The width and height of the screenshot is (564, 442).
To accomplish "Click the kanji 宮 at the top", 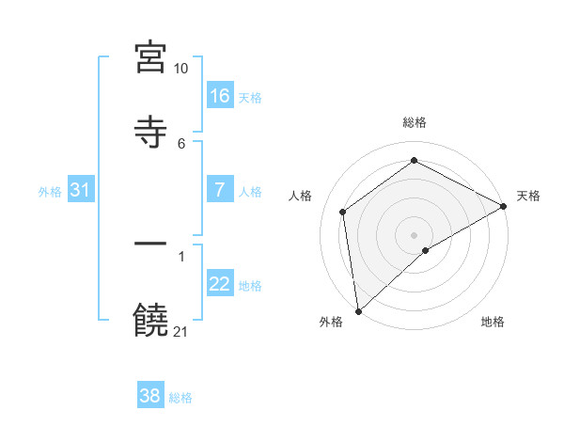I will (150, 57).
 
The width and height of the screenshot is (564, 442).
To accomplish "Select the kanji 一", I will (150, 245).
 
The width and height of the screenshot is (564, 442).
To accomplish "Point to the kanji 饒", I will (150, 320).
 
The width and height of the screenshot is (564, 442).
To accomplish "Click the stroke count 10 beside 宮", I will (181, 69).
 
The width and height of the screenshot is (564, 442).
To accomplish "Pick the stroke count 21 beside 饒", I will (181, 331).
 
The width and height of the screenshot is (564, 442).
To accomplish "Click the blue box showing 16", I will (220, 96).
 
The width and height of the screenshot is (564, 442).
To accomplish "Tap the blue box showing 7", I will (220, 190).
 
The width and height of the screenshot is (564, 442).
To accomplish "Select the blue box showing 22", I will (220, 284).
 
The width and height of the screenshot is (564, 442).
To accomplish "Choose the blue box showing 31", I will (81, 190).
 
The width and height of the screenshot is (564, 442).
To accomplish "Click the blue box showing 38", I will (150, 396).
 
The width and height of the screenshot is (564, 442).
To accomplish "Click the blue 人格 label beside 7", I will (250, 192).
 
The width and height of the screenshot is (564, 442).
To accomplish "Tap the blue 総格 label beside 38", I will (180, 398).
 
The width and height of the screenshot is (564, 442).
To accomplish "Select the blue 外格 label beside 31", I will (50, 192).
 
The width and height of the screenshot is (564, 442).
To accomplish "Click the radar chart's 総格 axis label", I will (415, 122).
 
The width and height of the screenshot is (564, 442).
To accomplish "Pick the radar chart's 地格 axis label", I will (493, 323).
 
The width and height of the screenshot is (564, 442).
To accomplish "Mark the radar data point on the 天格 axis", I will (503, 206).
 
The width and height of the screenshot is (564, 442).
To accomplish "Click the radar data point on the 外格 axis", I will (358, 311).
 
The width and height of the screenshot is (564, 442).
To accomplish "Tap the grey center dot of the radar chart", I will (415, 234).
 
